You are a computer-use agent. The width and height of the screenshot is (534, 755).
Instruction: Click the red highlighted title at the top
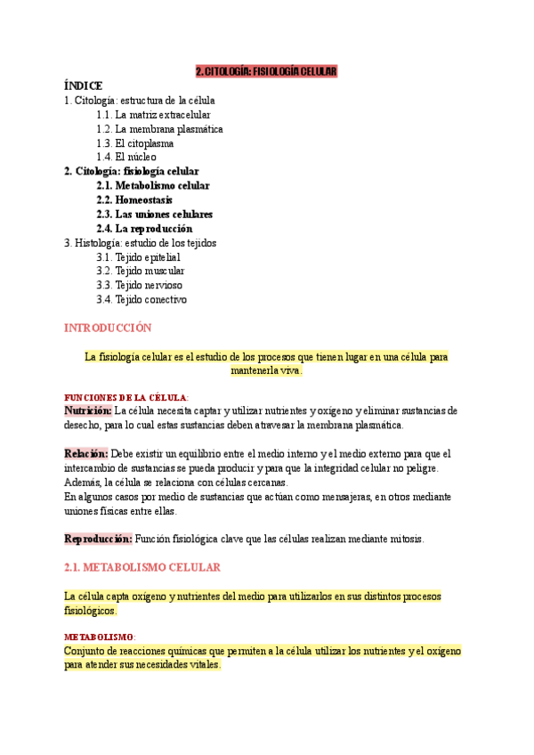click(266, 71)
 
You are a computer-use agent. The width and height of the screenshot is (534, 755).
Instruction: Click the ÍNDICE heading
click(84, 85)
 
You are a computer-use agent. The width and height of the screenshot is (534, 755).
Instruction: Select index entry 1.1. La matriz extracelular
click(153, 115)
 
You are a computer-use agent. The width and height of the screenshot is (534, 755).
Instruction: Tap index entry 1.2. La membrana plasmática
click(159, 129)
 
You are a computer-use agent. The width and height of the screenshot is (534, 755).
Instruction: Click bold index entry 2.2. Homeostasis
click(135, 199)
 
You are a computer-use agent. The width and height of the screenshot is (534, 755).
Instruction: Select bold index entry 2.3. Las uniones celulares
click(154, 214)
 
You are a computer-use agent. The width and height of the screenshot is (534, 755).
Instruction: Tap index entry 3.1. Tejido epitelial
click(142, 256)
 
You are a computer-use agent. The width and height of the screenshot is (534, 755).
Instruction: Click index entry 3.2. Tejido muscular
click(141, 271)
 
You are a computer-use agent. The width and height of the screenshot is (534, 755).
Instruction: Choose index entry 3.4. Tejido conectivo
click(142, 299)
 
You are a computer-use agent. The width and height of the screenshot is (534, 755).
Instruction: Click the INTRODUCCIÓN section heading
click(108, 328)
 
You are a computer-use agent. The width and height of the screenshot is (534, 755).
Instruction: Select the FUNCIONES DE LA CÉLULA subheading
click(125, 397)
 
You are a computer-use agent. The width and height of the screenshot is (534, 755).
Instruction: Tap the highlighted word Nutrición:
click(87, 410)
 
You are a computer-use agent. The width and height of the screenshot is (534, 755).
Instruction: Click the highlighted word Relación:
click(85, 453)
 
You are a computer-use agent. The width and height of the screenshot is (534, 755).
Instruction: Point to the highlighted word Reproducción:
click(98, 539)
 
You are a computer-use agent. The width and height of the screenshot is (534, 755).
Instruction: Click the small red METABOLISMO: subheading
click(100, 637)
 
